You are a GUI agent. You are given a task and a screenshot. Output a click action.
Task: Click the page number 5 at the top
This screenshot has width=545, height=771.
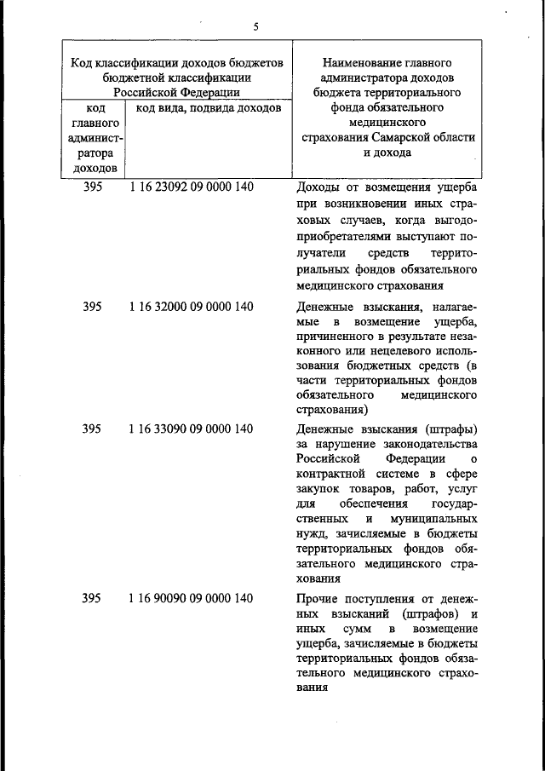[x=255, y=26]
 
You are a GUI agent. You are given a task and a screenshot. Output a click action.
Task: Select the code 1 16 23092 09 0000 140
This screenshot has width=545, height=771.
[x=191, y=187]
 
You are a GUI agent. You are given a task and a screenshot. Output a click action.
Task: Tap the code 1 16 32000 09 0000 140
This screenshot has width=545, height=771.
[x=191, y=307]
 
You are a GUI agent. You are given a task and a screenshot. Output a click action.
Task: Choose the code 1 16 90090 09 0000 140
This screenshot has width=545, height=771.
[x=191, y=598]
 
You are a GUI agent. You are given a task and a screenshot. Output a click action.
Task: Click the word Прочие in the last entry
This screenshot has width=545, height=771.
[x=318, y=599]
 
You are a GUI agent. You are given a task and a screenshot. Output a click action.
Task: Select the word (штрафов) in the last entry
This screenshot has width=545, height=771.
[x=425, y=615]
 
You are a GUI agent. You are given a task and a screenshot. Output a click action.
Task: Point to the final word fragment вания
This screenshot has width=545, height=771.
[x=313, y=690]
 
